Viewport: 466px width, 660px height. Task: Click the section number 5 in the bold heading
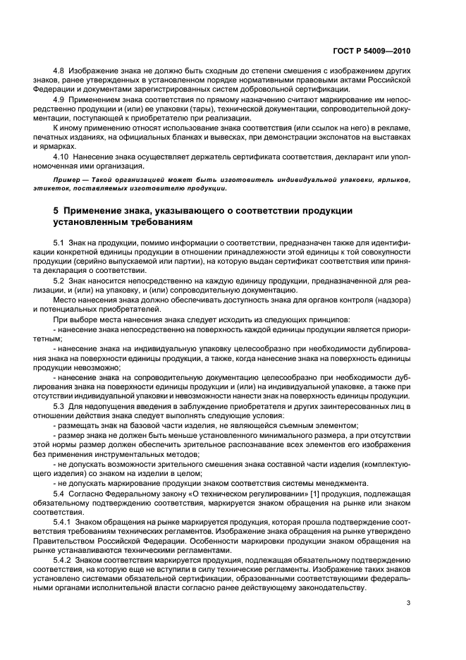[56, 211]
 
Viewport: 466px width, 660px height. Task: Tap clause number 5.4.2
[64, 558]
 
